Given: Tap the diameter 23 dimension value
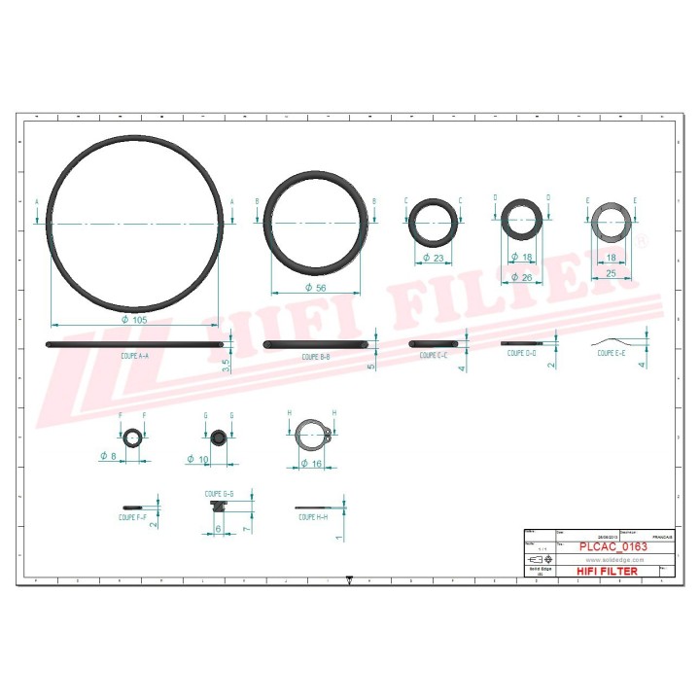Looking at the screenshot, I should pos(433,259).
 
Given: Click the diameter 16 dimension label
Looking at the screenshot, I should pos(311,464).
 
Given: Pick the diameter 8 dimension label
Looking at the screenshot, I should pos(109,455).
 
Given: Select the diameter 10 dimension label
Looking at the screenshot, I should pos(198,459).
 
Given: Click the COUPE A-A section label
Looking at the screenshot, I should pos(135,357).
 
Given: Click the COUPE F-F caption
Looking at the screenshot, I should pos(132,517).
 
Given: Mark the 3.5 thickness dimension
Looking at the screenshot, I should pos(226,366).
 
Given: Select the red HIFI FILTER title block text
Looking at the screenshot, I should pos(608,571).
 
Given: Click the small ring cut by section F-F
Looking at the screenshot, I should pos(133,438).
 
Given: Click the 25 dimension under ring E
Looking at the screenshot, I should pos(612,274).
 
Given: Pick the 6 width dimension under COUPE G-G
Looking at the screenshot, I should pos(218,528).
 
